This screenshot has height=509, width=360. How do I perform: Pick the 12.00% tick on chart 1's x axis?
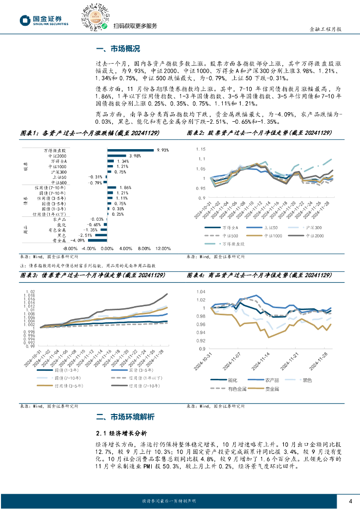click(163, 249)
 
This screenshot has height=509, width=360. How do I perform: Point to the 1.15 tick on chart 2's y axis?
click(201, 149)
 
